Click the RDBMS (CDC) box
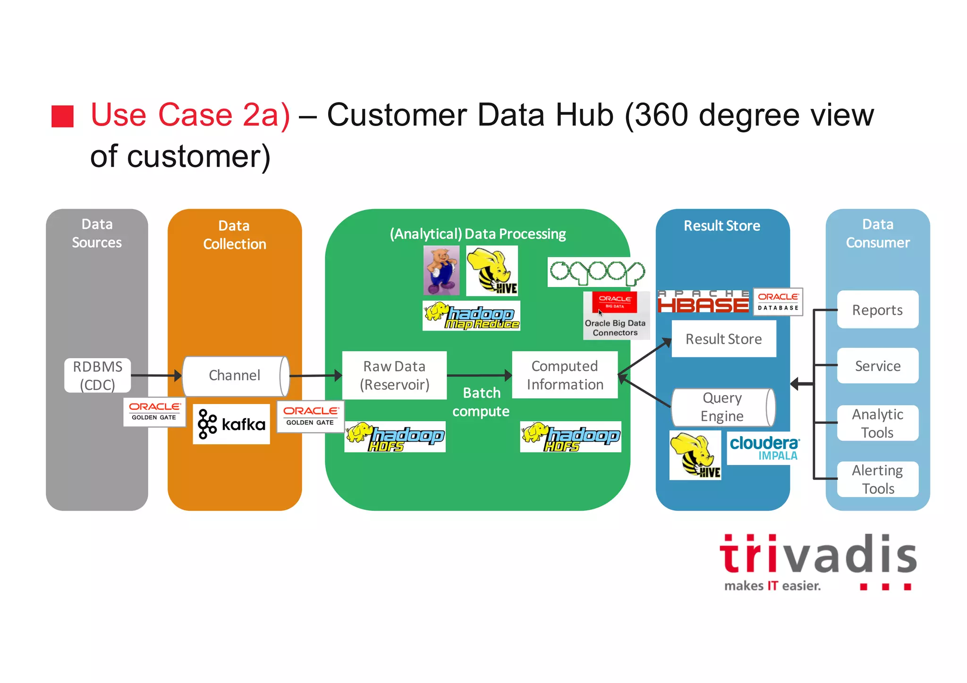click(97, 376)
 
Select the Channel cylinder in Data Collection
click(235, 376)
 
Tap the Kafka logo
click(231, 424)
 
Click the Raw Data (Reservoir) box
click(394, 376)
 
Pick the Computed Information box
click(565, 375)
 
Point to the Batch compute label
click(481, 402)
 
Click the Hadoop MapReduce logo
click(471, 316)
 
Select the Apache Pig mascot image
click(441, 270)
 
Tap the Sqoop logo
click(596, 272)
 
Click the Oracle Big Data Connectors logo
click(616, 315)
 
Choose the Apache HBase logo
click(703, 302)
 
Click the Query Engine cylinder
click(722, 407)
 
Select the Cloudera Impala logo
click(763, 448)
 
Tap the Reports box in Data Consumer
click(877, 310)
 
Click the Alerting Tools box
click(877, 479)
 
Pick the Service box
click(877, 366)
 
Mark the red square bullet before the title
click(62, 116)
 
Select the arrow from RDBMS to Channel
click(156, 376)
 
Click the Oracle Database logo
click(778, 302)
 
